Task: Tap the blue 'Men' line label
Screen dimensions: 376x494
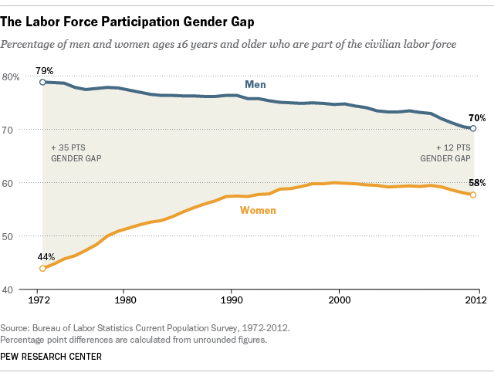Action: [x=255, y=83]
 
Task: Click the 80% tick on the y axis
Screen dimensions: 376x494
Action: [x=12, y=76]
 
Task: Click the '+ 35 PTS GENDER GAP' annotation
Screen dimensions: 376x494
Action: [x=76, y=151]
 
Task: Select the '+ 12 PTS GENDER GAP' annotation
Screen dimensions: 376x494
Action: [x=445, y=151]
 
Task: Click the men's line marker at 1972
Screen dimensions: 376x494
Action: [x=42, y=82]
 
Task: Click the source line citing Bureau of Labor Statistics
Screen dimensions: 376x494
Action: [x=146, y=327]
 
